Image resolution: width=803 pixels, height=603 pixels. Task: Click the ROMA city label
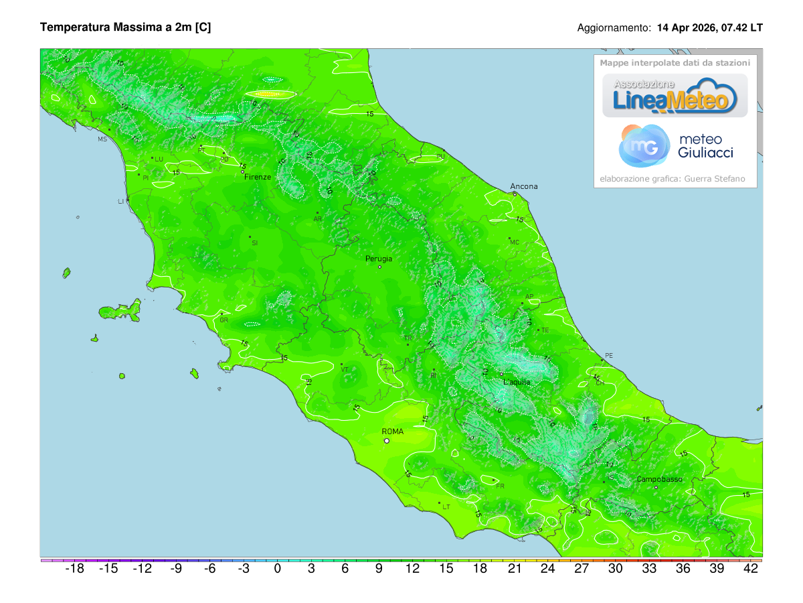[x=392, y=431]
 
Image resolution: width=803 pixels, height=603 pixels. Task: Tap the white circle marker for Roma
[x=386, y=441]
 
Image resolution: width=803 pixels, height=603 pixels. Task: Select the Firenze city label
[x=258, y=177]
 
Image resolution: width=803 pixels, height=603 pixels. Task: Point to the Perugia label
[x=379, y=259]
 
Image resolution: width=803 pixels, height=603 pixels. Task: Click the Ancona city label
[x=523, y=186]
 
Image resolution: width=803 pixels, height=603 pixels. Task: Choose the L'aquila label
[x=517, y=382]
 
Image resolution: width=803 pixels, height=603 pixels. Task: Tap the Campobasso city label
[x=659, y=479]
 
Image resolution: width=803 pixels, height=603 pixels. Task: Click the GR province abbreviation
[x=224, y=320]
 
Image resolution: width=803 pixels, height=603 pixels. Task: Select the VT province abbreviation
[x=345, y=369]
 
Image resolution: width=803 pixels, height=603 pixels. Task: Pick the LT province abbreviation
[x=446, y=507]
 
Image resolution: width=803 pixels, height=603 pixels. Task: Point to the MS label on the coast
[x=102, y=139]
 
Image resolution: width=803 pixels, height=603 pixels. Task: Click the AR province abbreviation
[x=318, y=219]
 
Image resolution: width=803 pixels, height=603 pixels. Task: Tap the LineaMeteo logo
[x=675, y=96]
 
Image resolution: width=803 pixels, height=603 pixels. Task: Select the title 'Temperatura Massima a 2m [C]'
[x=126, y=27]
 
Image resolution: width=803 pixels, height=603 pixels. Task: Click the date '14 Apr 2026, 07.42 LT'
[x=710, y=28]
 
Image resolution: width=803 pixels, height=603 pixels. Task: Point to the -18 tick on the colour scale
[x=74, y=569]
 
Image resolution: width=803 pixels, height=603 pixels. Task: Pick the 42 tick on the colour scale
[x=750, y=569]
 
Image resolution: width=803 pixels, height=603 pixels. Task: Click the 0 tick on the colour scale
[x=277, y=569]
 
